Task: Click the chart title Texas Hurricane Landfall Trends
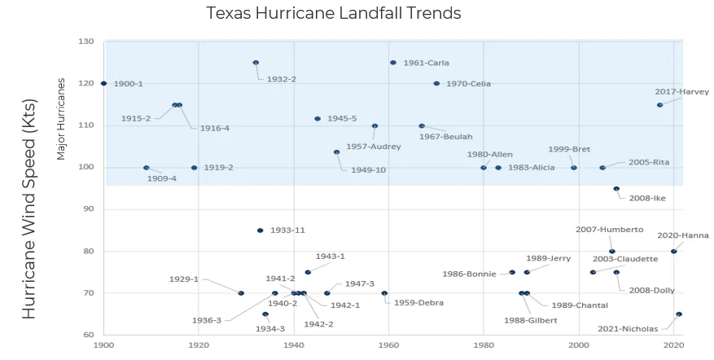(333, 14)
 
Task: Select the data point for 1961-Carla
(393, 63)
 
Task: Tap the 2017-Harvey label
(681, 92)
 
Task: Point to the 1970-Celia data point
(436, 84)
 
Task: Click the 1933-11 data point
(261, 230)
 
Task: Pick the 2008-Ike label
(647, 198)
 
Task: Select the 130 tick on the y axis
(86, 42)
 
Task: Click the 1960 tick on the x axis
(388, 345)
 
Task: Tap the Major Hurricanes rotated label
(61, 120)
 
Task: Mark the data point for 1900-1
(103, 84)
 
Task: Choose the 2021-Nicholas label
(628, 330)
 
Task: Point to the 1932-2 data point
(256, 63)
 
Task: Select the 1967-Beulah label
(445, 137)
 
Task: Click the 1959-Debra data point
(384, 293)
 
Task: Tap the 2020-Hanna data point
(673, 252)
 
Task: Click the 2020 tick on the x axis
(673, 345)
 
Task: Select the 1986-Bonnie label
(469, 274)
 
